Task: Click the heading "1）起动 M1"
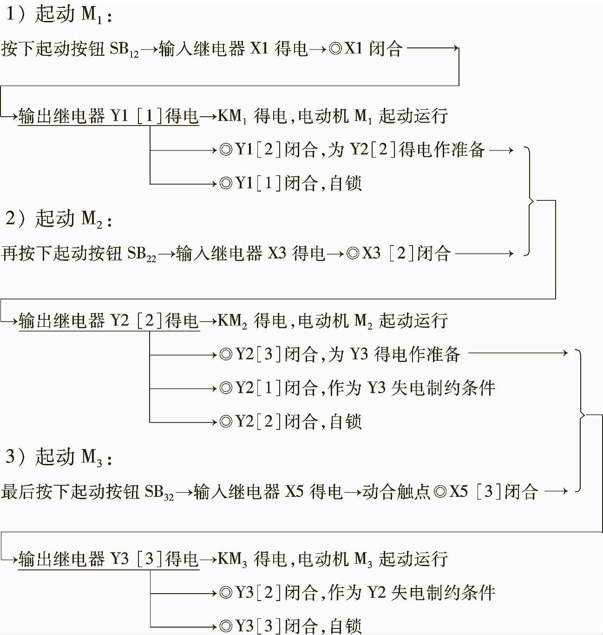click(x=59, y=15)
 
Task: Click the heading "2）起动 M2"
click(x=59, y=218)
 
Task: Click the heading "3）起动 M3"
click(x=59, y=457)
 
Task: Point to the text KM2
click(x=232, y=321)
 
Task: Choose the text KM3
click(x=232, y=559)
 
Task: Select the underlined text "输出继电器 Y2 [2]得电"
click(x=109, y=321)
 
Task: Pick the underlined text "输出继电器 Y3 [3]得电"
click(x=109, y=559)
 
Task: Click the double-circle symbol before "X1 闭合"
click(x=335, y=49)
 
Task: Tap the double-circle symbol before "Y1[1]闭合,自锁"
click(x=226, y=184)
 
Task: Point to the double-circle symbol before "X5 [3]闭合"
click(x=440, y=492)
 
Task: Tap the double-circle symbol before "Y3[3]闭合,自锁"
click(x=226, y=626)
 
